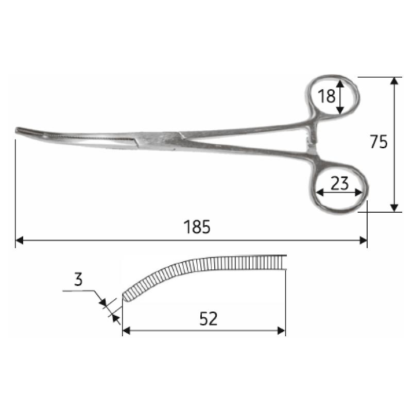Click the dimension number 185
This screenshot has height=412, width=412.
[198, 227]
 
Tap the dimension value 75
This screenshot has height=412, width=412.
[379, 142]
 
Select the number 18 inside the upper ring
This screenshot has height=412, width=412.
[327, 96]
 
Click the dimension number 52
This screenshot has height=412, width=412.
[208, 319]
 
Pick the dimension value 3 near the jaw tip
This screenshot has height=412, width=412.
[78, 280]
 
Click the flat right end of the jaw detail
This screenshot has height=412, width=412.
[284, 262]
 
